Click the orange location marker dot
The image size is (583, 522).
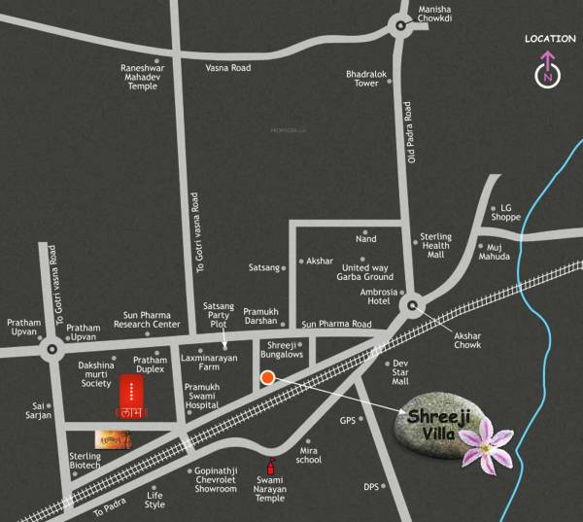pos(268,379)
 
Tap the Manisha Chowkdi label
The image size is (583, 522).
pos(434,19)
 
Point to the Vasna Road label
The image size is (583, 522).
pos(228,68)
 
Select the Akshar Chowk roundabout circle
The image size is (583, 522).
pos(414,306)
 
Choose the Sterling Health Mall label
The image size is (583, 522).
pos(434,245)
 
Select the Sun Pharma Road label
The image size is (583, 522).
pos(336,324)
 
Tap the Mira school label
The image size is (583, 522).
pos(308,457)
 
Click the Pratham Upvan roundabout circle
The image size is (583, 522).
pos(51,346)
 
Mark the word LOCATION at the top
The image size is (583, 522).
pos(549,39)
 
